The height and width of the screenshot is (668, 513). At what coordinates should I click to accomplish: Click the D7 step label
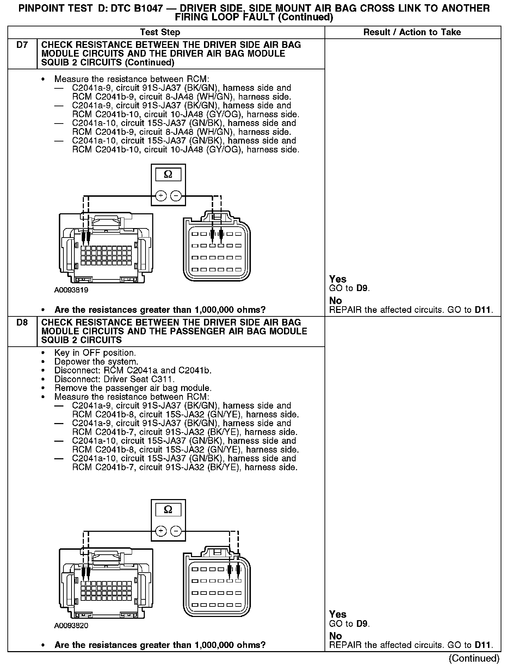tap(22, 45)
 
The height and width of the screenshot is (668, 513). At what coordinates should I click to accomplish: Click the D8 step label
tap(22, 322)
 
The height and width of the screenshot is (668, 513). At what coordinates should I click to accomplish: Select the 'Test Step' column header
tap(160, 32)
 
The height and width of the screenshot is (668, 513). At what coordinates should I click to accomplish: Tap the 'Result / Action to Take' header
tap(412, 32)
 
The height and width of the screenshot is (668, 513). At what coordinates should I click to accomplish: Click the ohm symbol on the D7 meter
tap(168, 175)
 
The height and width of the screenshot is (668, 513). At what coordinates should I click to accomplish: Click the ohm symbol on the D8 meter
tap(168, 510)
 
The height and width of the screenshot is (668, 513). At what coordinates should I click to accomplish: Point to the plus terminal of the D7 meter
tap(161, 196)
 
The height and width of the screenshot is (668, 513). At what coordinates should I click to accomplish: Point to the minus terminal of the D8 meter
tap(176, 531)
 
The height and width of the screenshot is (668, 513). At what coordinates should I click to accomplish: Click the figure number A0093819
tap(71, 290)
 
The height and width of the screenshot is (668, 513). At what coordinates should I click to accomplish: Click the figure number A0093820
tap(71, 626)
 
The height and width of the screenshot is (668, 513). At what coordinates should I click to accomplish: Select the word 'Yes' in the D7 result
tap(338, 279)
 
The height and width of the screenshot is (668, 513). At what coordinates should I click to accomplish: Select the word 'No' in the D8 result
tap(335, 636)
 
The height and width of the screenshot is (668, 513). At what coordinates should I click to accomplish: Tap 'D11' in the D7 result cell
tap(482, 310)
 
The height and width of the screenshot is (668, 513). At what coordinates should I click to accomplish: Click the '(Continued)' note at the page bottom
tap(474, 658)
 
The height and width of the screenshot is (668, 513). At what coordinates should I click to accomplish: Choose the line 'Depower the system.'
tap(96, 362)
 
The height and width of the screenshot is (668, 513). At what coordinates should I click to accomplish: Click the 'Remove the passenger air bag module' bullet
tap(133, 388)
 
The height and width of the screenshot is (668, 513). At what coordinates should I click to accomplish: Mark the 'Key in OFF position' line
tap(95, 353)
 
